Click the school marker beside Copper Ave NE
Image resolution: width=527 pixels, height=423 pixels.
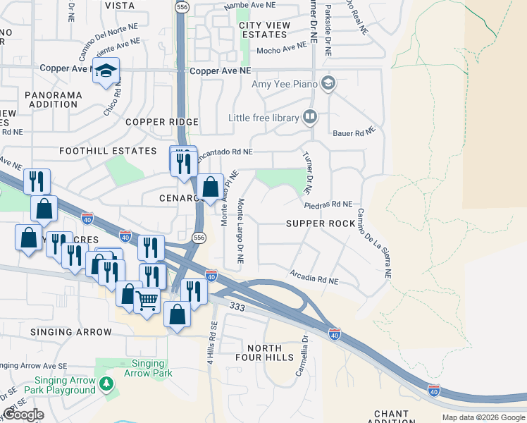106,71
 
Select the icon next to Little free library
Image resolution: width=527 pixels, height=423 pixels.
310,116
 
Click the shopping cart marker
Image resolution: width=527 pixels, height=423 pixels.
147,301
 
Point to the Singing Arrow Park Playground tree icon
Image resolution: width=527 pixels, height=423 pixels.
106,384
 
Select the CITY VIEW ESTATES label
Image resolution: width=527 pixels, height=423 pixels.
264,30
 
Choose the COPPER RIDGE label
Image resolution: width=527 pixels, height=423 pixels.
162,122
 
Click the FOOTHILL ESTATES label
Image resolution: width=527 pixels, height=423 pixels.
108,151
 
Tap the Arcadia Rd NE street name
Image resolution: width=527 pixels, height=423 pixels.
314,277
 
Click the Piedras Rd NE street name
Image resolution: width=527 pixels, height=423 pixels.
328,204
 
